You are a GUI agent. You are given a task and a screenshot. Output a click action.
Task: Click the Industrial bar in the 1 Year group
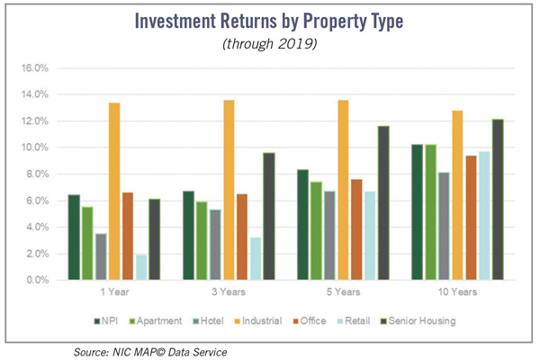click(x=114, y=191)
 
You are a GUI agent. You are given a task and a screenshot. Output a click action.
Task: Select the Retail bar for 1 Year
click(x=141, y=267)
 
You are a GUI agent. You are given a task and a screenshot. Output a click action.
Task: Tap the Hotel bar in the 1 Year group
click(x=101, y=256)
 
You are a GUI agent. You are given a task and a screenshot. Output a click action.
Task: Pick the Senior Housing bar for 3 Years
click(x=269, y=216)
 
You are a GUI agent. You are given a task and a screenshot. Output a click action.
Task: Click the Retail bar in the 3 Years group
click(x=256, y=258)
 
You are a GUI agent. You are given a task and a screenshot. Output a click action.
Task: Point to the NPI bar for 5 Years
click(x=303, y=225)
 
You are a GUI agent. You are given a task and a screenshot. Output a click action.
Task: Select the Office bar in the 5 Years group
click(x=356, y=229)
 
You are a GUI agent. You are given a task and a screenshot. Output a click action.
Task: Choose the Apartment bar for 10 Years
click(x=430, y=212)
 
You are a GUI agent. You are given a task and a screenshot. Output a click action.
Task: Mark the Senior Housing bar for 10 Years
click(x=498, y=200)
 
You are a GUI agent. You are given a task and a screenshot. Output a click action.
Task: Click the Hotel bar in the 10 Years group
click(x=444, y=226)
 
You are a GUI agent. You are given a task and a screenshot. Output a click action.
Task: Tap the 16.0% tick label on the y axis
click(x=34, y=67)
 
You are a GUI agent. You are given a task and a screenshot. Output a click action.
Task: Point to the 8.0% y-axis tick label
click(x=36, y=174)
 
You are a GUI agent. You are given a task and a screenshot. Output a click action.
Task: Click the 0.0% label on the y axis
click(x=36, y=280)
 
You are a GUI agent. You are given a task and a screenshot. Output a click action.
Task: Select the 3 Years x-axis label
click(x=229, y=292)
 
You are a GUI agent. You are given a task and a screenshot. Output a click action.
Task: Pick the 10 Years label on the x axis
click(x=458, y=292)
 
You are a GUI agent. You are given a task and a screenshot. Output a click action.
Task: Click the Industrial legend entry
click(x=258, y=321)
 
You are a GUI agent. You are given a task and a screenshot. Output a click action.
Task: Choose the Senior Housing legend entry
click(x=418, y=321)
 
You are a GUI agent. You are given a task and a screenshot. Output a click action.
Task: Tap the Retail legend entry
click(x=354, y=321)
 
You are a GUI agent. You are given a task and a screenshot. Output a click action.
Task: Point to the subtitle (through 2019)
click(x=270, y=44)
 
